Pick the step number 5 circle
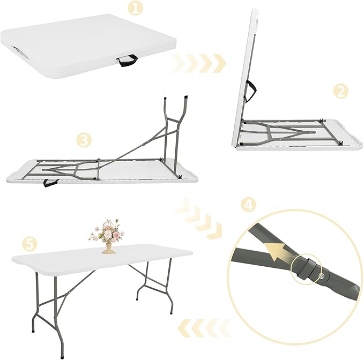pos(31,244)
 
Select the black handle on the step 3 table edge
pos(50,183)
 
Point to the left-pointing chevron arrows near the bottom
pos(203,325)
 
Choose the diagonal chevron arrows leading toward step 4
pos(200,219)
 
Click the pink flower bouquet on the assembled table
pos(106,231)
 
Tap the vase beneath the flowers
pos(108,247)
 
